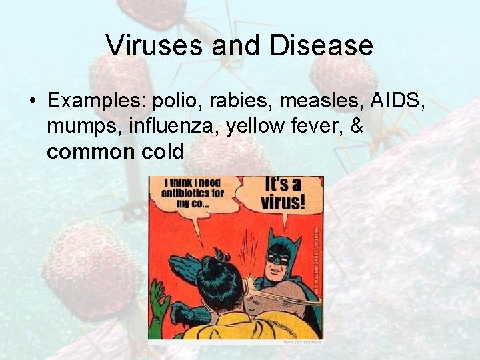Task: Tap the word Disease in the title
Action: pyautogui.click(x=323, y=45)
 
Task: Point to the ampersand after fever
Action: pyautogui.click(x=355, y=127)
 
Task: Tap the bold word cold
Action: pyautogui.click(x=163, y=152)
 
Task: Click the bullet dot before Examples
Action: pyautogui.click(x=32, y=102)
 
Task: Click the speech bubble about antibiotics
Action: pyautogui.click(x=193, y=195)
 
